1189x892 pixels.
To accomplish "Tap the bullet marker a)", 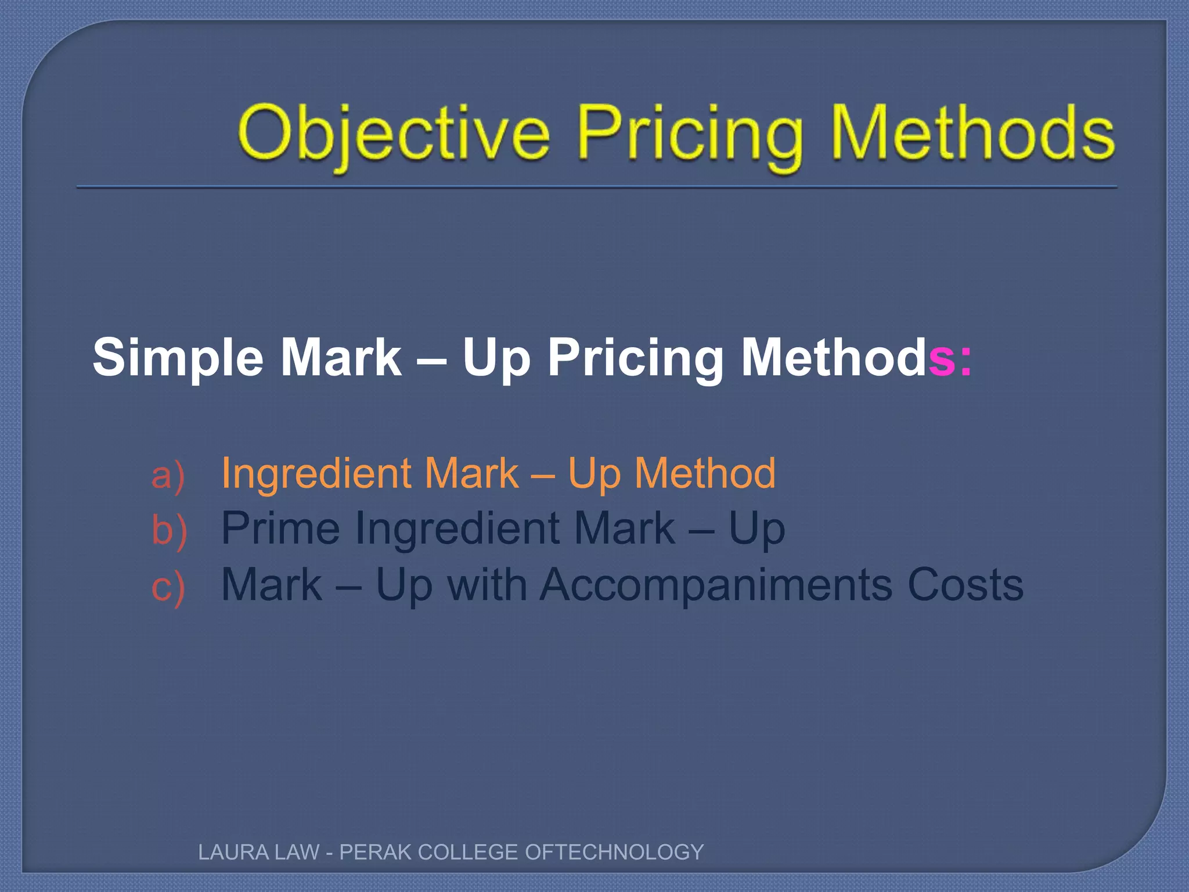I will point(168,475).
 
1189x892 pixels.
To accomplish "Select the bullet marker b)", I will point(169,530).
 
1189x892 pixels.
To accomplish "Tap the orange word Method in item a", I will point(705,473).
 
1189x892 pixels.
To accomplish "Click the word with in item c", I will point(487,584).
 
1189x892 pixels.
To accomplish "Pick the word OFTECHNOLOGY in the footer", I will point(614,852).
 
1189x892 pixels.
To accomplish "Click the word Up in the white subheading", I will point(496,359).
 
